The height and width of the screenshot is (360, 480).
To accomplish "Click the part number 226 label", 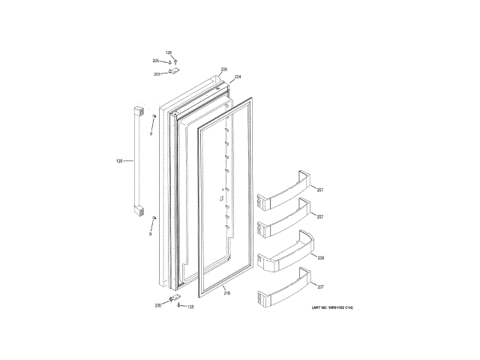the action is coord(223,70).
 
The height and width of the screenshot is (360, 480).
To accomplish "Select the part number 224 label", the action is coord(238,77).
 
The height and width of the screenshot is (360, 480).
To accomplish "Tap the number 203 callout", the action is coord(157,74).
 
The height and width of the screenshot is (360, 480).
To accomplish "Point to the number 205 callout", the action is coord(156,61).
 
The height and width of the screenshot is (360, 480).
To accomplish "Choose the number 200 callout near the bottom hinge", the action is coord(158,306).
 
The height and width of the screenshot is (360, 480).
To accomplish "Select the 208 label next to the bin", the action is coord(320,257).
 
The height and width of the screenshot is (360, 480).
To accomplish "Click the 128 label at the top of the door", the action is coord(169,52).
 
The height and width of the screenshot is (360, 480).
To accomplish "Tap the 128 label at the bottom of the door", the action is coord(190,307).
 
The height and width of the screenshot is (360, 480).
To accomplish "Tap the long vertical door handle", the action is coord(137,160).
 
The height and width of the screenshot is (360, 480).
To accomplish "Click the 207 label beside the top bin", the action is coord(319,188).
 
